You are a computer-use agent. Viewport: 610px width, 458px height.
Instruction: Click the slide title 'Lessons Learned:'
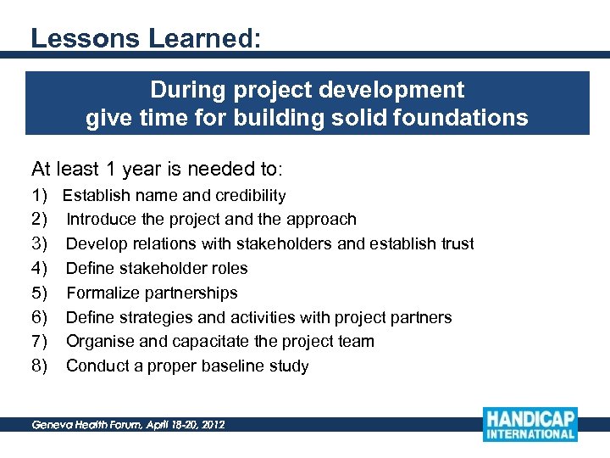pos(145,38)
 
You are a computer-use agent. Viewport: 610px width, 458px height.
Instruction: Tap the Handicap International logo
pos(530,424)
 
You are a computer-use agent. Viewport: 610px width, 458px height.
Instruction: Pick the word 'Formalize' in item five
pos(102,293)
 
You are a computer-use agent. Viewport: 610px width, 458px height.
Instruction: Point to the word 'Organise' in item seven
pos(101,342)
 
